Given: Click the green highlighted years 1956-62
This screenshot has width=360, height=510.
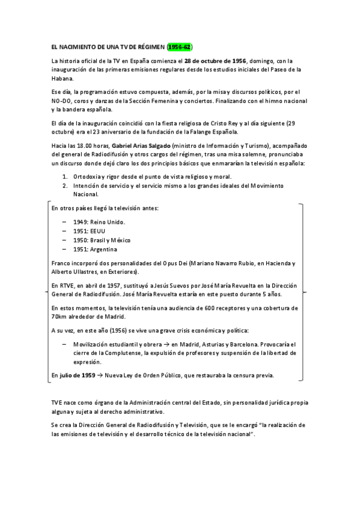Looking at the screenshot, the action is tap(180, 46).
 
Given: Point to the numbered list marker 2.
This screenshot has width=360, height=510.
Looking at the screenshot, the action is tap(64, 185).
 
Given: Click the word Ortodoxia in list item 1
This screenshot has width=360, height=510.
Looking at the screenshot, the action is tap(88, 176).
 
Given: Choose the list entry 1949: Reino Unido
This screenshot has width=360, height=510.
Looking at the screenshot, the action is tap(100, 222).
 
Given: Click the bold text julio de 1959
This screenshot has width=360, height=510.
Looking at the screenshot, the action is tap(78, 375).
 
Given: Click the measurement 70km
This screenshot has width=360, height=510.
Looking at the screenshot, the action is tap(59, 317).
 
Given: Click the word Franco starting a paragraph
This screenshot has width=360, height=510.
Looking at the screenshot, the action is tap(62, 263).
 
